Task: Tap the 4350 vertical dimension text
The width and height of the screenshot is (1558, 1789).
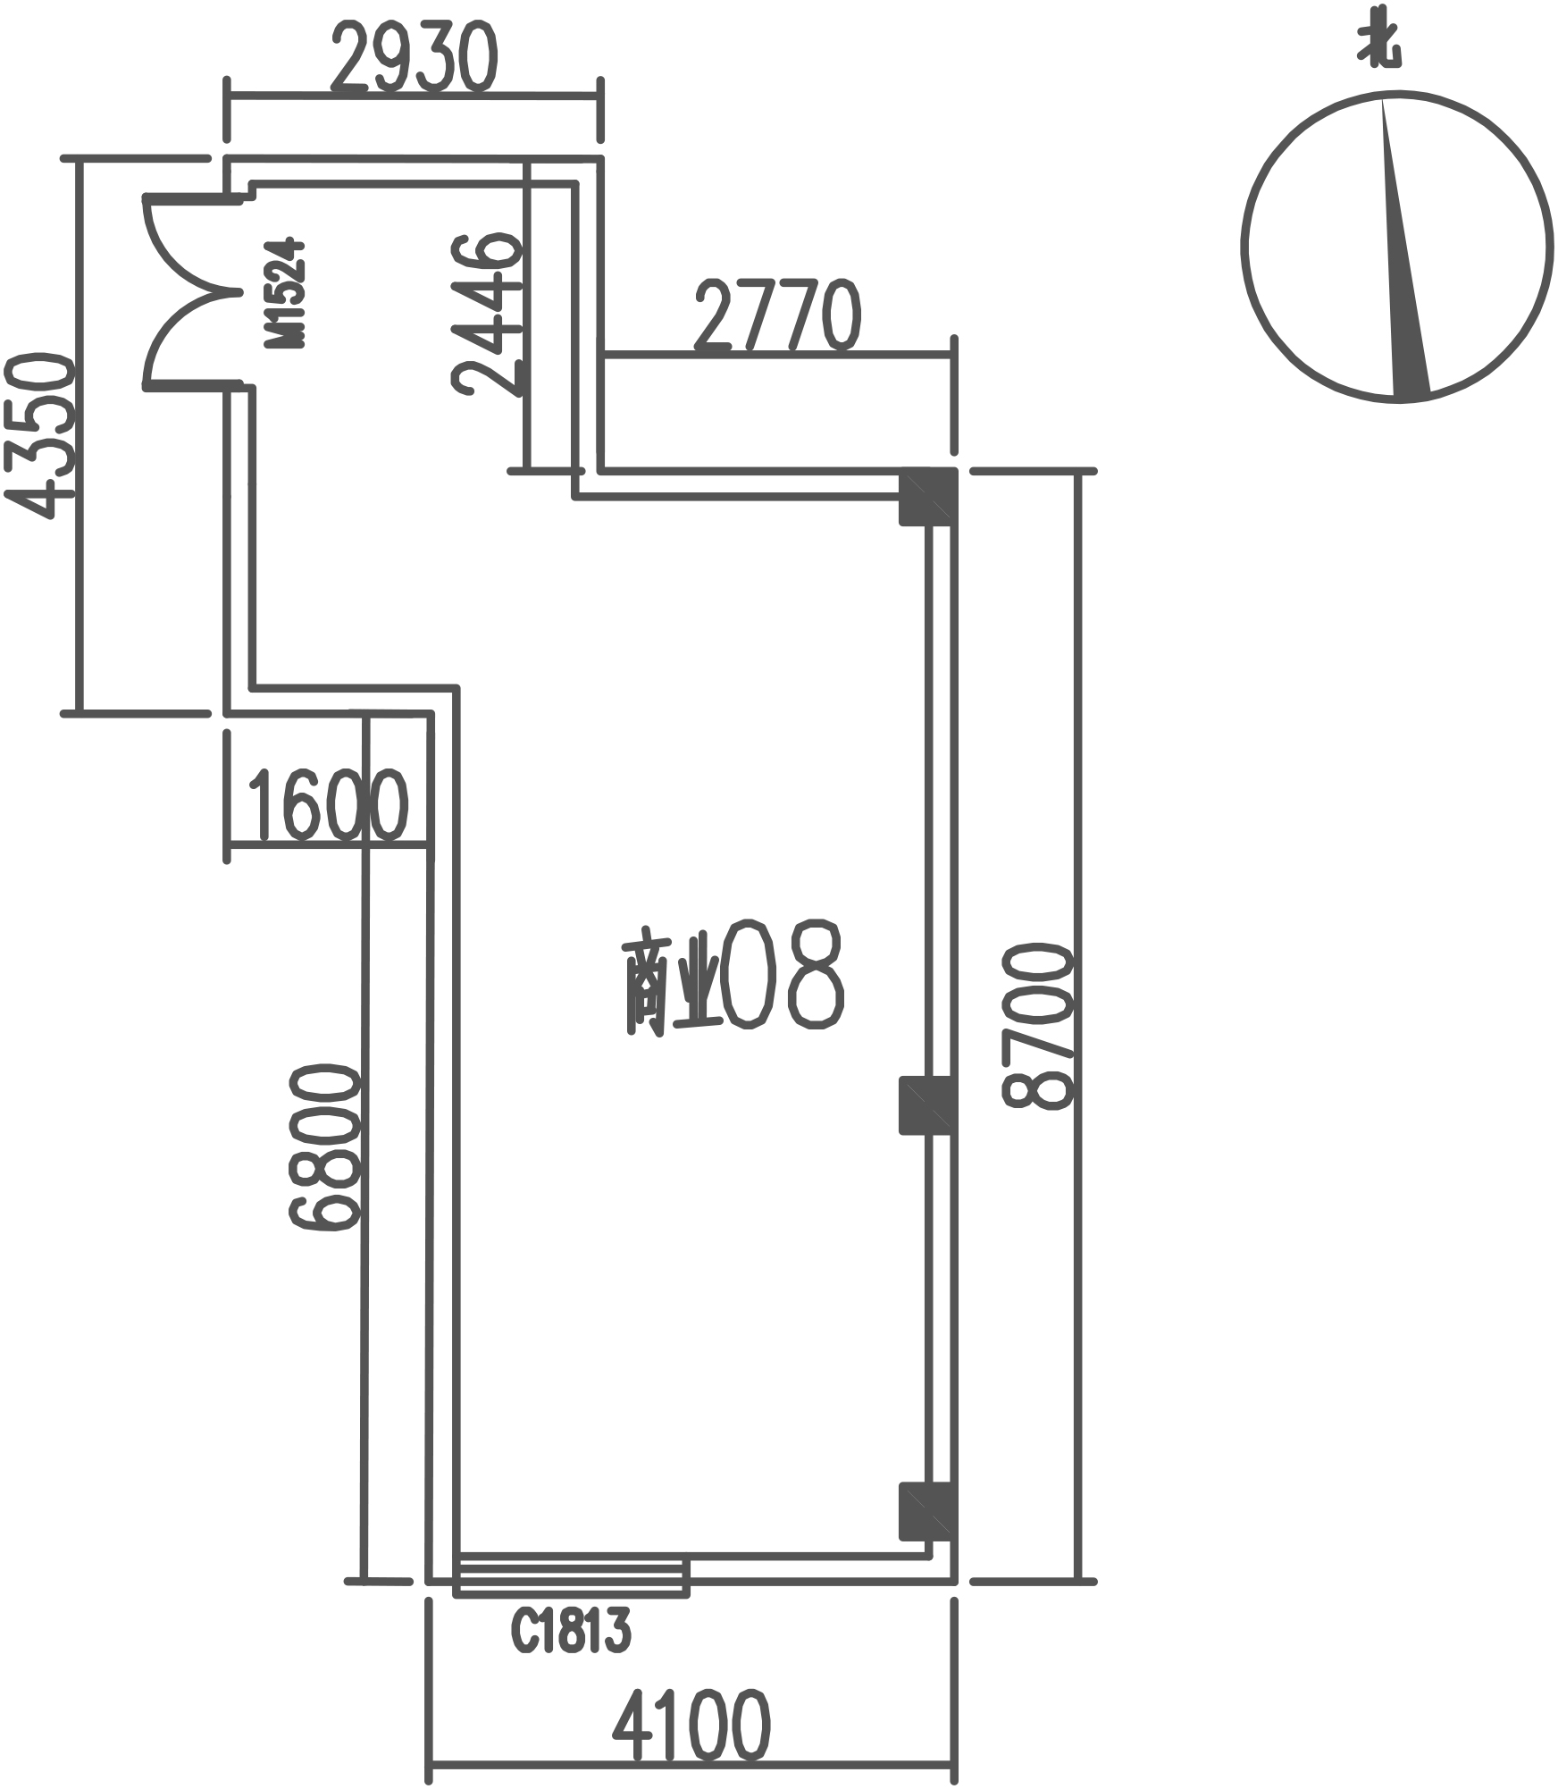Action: coord(38,435)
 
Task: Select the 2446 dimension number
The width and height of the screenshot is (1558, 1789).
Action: coord(487,314)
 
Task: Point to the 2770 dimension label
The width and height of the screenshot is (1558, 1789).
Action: coord(777,315)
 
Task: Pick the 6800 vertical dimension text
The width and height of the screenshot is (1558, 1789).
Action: coord(324,1146)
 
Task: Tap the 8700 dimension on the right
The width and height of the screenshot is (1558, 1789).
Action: coord(1037,1027)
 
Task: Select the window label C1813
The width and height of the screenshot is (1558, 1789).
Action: coord(571,1629)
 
